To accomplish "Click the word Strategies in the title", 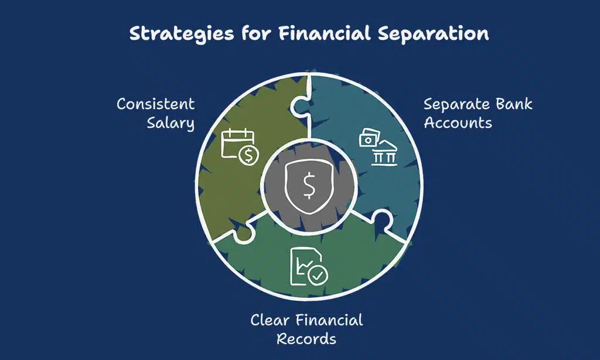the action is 182,33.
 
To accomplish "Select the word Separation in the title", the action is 433,33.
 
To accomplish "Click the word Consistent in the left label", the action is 156,104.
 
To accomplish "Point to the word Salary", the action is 171,123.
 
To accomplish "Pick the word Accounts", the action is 458,123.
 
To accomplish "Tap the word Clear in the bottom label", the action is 270,320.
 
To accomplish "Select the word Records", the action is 306,338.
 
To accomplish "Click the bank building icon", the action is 384,154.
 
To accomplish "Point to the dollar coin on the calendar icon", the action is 248,155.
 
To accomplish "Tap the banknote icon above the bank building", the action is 369,137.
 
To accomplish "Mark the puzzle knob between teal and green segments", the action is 381,220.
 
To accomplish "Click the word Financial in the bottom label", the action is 329,320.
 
